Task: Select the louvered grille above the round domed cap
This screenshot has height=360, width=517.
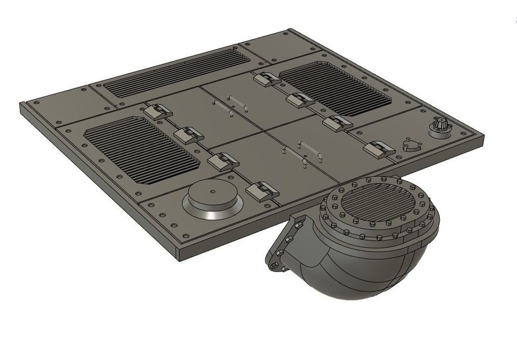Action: point(141,149)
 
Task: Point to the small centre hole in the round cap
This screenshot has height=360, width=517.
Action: point(213,191)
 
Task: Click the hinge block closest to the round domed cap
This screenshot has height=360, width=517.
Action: point(263,191)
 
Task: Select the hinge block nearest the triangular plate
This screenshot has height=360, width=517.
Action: point(379,148)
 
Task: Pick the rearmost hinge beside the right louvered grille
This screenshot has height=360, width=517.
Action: point(267,79)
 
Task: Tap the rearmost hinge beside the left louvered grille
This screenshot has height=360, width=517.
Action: point(158,111)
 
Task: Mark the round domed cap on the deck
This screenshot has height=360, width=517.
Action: point(213,197)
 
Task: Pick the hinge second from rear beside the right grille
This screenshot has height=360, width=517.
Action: point(300,100)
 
